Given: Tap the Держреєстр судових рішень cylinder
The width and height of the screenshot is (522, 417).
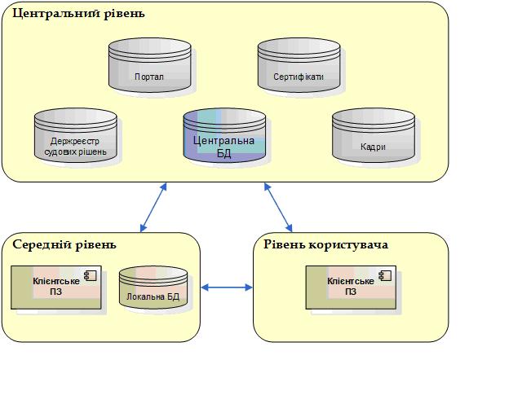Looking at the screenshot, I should [x=76, y=136].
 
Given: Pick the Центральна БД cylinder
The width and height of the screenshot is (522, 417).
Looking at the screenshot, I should [x=224, y=136].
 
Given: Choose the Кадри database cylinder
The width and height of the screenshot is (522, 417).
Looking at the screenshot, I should [x=373, y=136].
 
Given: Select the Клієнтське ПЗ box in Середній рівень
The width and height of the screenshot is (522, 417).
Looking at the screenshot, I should [x=56, y=288].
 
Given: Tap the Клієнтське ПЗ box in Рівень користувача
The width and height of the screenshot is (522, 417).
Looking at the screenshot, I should [x=351, y=288].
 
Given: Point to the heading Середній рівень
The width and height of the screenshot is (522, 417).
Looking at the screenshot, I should [x=64, y=244].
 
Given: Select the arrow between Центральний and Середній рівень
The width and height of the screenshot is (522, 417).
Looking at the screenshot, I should [x=153, y=207].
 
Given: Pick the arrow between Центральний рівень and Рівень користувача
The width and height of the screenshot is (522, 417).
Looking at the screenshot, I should [x=278, y=207].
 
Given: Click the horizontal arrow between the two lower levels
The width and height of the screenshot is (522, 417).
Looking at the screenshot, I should [x=227, y=287].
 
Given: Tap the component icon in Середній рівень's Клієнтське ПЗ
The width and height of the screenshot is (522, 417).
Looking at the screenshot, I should [x=90, y=276].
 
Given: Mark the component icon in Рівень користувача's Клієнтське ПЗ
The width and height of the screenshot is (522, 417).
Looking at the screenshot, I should [x=384, y=276].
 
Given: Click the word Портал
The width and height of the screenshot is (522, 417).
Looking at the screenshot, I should [x=150, y=78].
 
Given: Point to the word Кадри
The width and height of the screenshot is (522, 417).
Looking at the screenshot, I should [x=373, y=148].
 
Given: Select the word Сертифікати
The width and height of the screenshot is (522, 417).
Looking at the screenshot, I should [x=299, y=78].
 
